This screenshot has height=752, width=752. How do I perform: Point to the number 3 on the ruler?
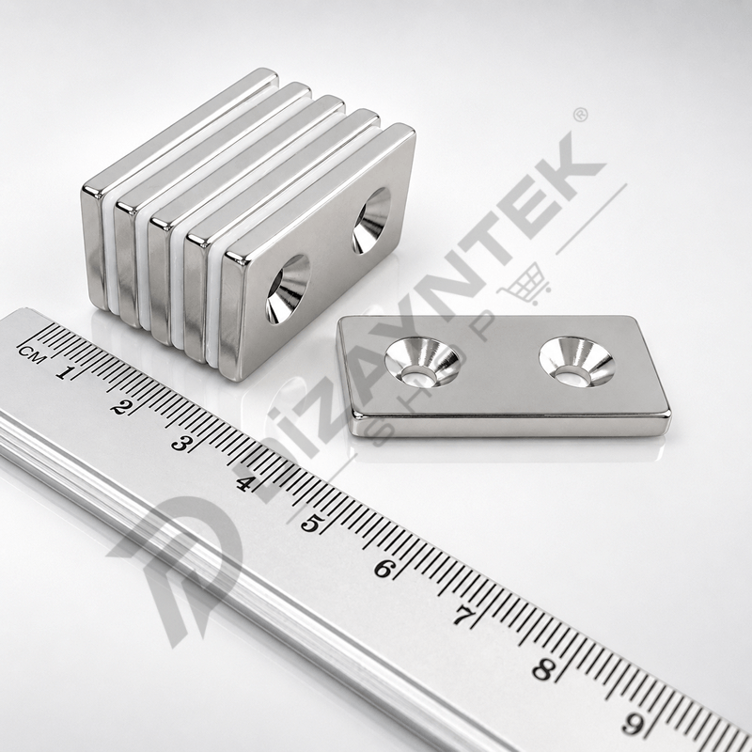click(180, 444)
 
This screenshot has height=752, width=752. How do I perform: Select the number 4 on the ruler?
click(243, 483)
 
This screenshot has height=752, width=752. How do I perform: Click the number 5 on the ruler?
click(311, 524)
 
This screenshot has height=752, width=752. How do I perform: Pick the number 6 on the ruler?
click(384, 570)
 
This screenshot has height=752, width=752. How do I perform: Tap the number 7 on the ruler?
click(461, 616)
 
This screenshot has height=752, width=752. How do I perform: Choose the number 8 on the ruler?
click(543, 669)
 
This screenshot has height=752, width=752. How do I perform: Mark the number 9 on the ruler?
click(633, 724)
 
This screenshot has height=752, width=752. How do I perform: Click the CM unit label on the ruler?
click(32, 355)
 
